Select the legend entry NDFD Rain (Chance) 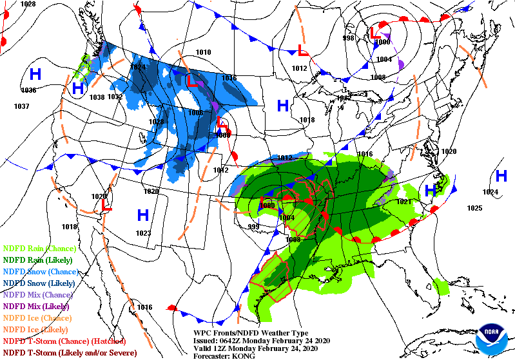pyautogui.click(x=40, y=248)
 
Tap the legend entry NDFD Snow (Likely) pyautogui.click(x=40, y=283)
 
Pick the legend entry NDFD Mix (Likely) pyautogui.click(x=37, y=306)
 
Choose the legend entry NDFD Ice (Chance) pyautogui.click(x=37, y=317)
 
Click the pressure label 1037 pyautogui.click(x=21, y=106)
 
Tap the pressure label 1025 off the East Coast pyautogui.click(x=475, y=208)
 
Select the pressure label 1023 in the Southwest pyautogui.click(x=143, y=233)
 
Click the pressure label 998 pyautogui.click(x=348, y=38)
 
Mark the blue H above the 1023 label pyautogui.click(x=142, y=214)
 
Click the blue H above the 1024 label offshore pyautogui.click(x=501, y=176)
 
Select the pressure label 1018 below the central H pyautogui.click(x=307, y=120)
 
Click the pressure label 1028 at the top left pyautogui.click(x=28, y=4)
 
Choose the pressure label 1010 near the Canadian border pyautogui.click(x=204, y=52)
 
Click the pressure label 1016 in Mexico pyautogui.click(x=144, y=307)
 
